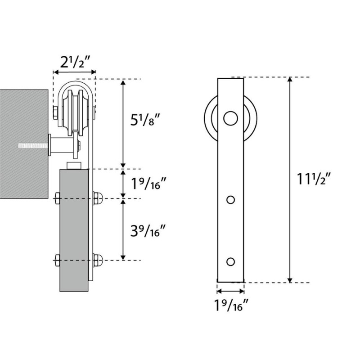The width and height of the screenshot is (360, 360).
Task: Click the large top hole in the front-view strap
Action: coord(230,119)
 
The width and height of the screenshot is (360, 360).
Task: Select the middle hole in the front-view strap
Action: coord(230,199)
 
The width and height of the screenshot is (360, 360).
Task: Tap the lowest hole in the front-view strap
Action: coord(230,261)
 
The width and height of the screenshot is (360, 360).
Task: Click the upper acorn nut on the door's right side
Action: coord(98,197)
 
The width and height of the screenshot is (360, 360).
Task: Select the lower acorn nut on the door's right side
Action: coord(98,260)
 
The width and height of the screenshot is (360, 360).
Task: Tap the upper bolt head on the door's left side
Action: coord(57,197)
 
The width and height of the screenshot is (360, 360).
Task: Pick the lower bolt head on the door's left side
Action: coord(57,260)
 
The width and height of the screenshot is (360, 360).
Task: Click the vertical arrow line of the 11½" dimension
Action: coord(290,180)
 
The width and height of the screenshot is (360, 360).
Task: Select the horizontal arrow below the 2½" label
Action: coord(74,72)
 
